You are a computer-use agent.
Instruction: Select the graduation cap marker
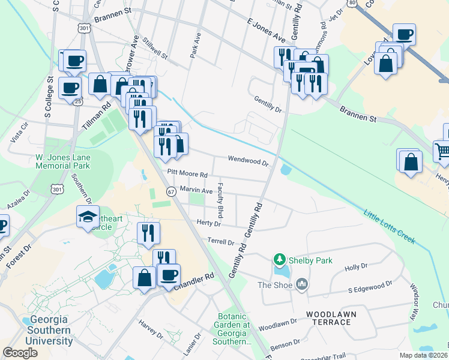(x=88, y=217)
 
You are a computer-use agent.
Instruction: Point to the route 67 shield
(x=171, y=191)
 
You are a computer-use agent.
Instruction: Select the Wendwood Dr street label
(x=247, y=160)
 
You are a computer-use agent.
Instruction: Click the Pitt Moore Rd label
(x=187, y=173)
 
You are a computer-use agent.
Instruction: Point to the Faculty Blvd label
(x=220, y=200)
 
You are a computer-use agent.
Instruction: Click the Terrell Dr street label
(x=221, y=242)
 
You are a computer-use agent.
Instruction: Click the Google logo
(x=20, y=353)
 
